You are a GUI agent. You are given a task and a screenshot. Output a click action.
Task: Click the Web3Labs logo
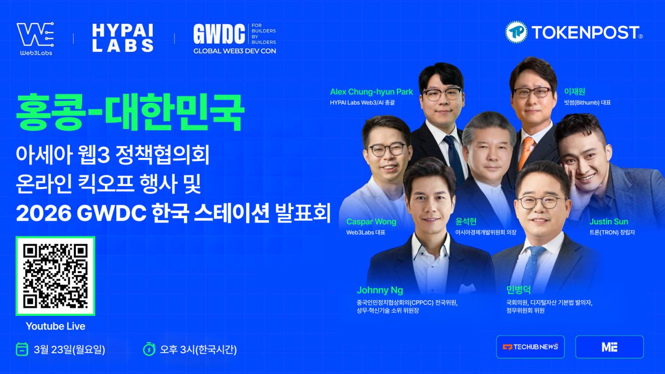[35, 37]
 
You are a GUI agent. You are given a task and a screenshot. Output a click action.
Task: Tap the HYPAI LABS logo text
[123, 37]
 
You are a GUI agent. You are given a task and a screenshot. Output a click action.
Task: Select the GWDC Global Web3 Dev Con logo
[234, 38]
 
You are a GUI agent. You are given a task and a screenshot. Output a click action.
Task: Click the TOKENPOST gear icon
[516, 32]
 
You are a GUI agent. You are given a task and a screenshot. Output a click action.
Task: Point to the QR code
[56, 276]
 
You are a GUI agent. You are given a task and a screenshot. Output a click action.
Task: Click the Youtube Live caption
[56, 326]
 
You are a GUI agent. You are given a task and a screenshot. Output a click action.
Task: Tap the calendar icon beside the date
[22, 349]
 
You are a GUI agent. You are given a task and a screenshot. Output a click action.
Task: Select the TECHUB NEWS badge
[530, 346]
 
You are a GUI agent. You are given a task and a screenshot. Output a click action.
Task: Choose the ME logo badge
[609, 346]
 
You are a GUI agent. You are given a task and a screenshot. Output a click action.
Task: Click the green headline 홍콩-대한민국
[130, 113]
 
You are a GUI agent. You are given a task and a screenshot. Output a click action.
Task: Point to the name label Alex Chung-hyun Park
[371, 92]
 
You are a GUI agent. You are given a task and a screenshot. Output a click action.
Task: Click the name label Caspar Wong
[371, 222]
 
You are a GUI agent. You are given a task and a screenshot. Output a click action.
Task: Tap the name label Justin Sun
[608, 222]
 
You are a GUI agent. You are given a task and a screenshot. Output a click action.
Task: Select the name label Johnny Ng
[380, 290]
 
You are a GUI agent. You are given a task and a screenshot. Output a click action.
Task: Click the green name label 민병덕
[518, 290]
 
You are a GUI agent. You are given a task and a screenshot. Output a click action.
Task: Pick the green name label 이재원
[575, 92]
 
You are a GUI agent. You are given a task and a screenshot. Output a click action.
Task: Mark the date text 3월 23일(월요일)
[69, 350]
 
